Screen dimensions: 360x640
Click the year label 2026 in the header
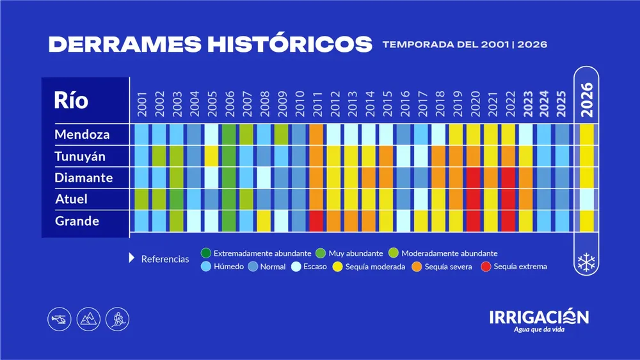coord(587,100)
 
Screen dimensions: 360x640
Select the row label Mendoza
coord(82,135)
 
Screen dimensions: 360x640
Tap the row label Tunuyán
coord(80,157)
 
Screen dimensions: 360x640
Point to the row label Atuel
coord(71,200)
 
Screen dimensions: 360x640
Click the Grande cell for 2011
coord(316,221)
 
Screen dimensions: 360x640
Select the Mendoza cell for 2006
coord(229,135)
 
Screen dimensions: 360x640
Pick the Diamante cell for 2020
coord(474,178)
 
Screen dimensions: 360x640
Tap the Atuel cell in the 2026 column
coord(587,200)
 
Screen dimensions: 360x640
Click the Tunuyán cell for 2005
coord(211,157)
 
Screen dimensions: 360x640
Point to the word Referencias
coord(165,259)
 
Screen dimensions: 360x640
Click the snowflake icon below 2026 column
coord(587,262)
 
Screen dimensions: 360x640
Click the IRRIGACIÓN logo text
coord(539,317)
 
